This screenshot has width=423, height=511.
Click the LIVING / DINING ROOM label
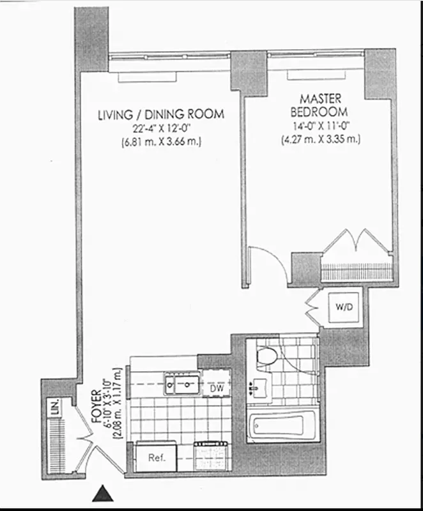[x=160, y=115]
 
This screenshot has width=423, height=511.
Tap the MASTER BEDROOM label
[x=320, y=106]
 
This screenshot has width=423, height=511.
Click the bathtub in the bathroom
[x=282, y=427]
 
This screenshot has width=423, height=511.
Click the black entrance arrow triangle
[x=102, y=493]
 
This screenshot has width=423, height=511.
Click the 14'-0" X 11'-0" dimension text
[x=321, y=126]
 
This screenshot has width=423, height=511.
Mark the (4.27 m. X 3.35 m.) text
[x=321, y=139]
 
